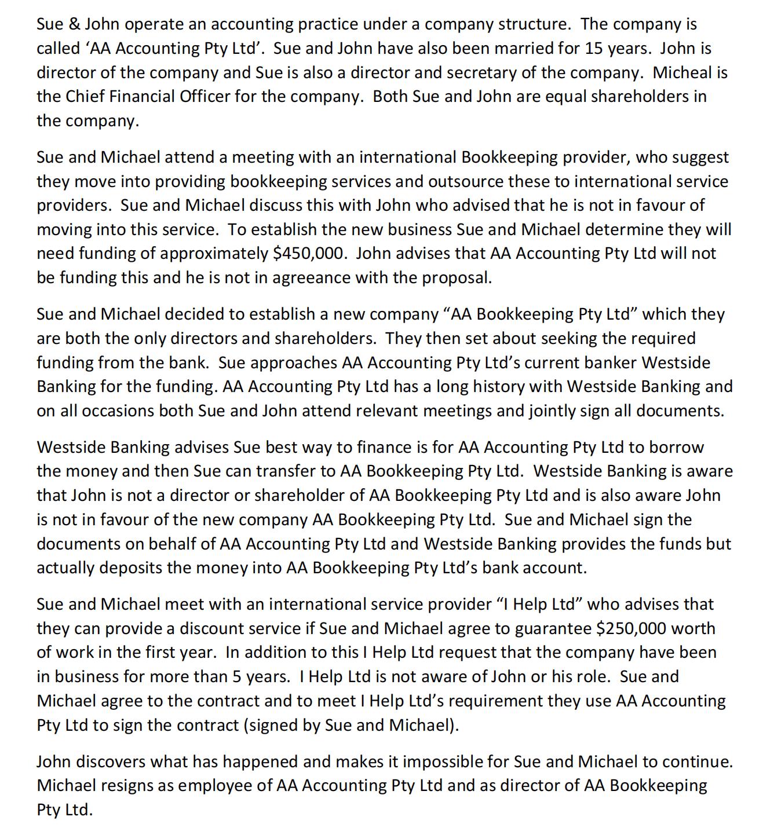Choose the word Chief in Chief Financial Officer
coord(85,97)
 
